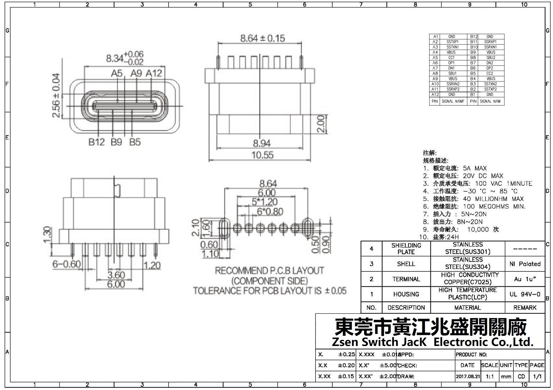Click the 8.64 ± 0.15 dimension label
click(x=262, y=38)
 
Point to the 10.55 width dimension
click(x=262, y=155)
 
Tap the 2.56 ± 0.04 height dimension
click(x=56, y=96)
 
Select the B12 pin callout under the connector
click(x=97, y=142)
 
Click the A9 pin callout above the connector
click(x=136, y=73)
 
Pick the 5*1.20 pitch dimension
click(x=265, y=202)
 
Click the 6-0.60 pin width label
click(x=67, y=264)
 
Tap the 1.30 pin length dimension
click(x=47, y=235)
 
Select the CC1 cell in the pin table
click(x=451, y=58)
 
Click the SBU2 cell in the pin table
click(x=491, y=58)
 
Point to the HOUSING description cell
click(x=406, y=294)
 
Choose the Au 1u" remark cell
click(x=525, y=279)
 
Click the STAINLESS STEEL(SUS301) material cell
click(x=468, y=248)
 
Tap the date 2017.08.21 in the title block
click(x=468, y=377)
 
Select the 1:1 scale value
click(x=490, y=377)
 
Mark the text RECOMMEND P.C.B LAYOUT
click(x=269, y=271)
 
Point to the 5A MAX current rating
click(x=475, y=168)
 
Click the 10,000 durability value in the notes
click(x=478, y=229)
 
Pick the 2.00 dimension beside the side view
click(x=321, y=124)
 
